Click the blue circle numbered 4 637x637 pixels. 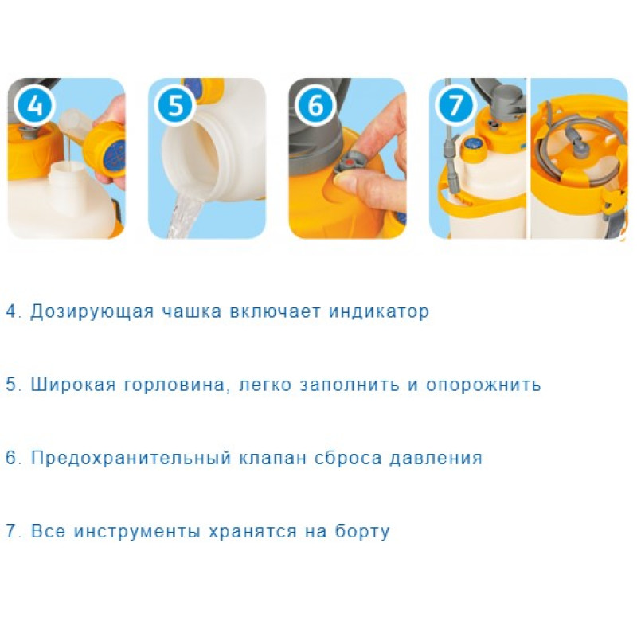[x=34, y=105]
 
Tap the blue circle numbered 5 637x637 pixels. [x=175, y=105]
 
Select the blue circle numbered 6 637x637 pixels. [x=315, y=105]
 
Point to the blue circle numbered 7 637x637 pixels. [x=455, y=105]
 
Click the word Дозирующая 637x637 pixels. [x=92, y=312]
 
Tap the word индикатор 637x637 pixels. [x=379, y=312]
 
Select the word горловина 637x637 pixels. [x=174, y=385]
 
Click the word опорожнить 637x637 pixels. [x=483, y=385]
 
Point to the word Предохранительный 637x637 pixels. [x=131, y=459]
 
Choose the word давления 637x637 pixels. [x=436, y=459]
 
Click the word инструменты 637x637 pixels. [x=137, y=532]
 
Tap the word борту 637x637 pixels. [x=362, y=531]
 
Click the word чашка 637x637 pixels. [x=192, y=311]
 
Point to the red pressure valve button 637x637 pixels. [x=350, y=163]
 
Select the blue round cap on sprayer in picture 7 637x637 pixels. [x=473, y=145]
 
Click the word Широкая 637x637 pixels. [x=73, y=385]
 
